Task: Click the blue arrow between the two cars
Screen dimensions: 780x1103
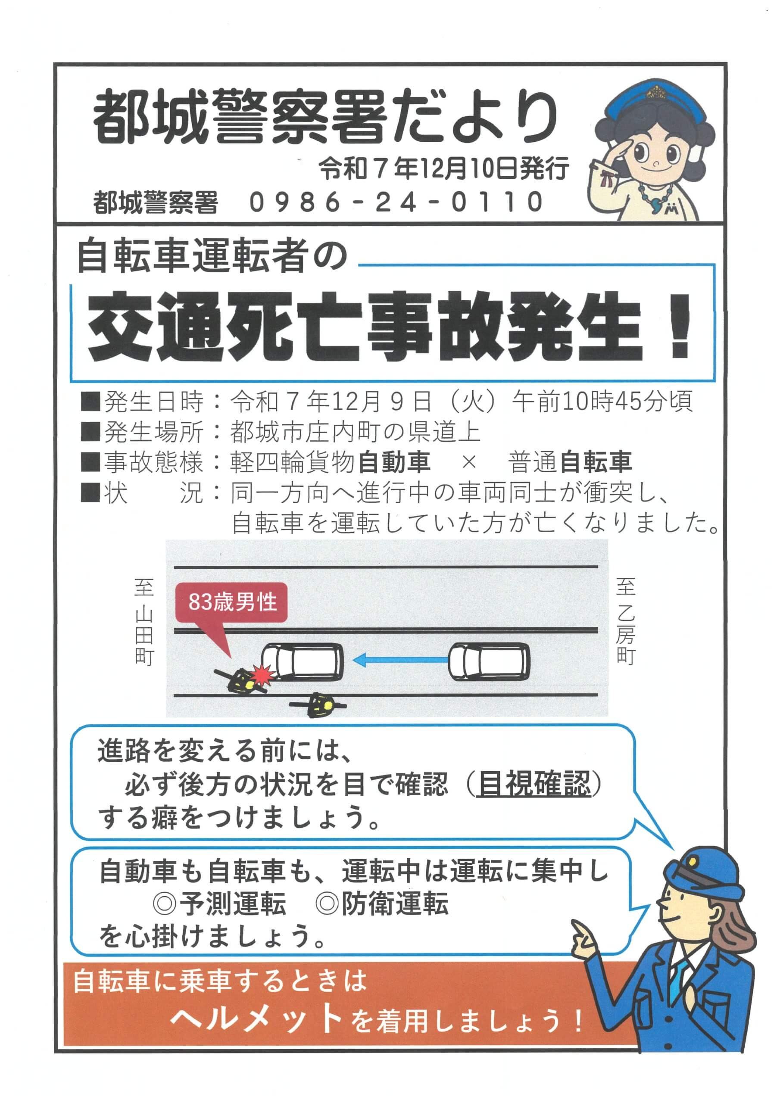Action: point(400,661)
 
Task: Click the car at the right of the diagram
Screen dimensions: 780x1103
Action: point(489,661)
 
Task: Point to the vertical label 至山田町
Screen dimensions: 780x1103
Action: point(144,623)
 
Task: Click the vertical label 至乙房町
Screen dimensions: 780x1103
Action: point(626,622)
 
